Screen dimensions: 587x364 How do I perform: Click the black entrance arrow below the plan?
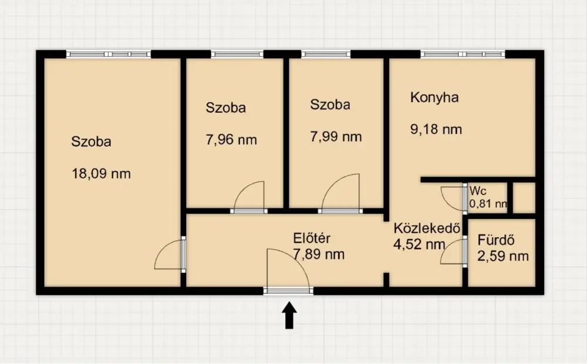289,316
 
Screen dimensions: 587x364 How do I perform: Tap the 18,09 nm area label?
101,174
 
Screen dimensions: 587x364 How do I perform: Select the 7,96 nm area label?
231,140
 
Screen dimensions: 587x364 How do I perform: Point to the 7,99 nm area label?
336,136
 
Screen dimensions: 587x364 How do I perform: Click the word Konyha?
434,97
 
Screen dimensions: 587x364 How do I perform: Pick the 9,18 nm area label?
436,129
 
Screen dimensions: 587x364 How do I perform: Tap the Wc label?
478,191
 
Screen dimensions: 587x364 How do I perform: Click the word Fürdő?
495,240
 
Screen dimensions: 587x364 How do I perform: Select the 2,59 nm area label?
503,256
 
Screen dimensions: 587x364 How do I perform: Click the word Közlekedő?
427,228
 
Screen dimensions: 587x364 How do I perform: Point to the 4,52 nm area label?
419,244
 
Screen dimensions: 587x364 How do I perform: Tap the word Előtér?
312,238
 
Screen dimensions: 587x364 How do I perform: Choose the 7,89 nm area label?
319,254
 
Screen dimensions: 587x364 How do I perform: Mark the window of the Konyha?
463,54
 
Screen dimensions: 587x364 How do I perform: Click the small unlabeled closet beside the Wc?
524,198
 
